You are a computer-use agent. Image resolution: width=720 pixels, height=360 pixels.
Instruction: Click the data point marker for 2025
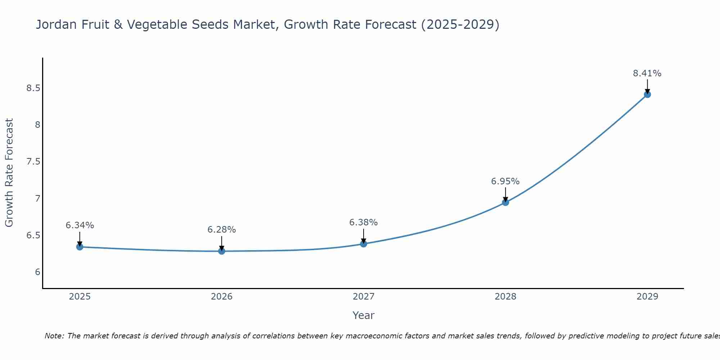[80, 247]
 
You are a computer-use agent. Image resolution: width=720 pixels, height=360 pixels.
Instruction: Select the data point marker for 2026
[222, 251]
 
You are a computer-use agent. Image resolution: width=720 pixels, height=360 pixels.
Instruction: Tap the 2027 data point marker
[364, 244]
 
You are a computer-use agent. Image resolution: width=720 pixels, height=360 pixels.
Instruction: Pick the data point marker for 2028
[505, 202]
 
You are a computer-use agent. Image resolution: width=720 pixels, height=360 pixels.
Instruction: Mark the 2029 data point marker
[647, 94]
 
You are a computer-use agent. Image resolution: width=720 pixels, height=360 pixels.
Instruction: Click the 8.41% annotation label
[647, 73]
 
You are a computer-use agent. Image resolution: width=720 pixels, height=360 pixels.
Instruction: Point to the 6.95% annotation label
[505, 181]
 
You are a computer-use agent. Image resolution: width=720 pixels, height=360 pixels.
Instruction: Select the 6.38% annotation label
[363, 222]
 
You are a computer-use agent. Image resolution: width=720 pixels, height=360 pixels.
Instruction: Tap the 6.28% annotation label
[221, 230]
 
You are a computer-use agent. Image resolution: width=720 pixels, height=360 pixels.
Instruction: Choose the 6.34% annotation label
[80, 225]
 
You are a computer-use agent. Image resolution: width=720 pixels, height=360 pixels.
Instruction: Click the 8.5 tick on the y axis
[33, 88]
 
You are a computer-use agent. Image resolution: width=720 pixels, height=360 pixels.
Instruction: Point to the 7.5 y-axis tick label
[33, 162]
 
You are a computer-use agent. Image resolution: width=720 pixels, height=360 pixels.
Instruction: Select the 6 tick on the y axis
[37, 272]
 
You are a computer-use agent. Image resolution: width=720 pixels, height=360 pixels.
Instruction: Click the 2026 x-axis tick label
[222, 297]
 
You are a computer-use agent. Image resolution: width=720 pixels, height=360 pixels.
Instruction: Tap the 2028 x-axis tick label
[505, 297]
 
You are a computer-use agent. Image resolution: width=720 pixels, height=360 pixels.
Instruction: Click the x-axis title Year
[363, 315]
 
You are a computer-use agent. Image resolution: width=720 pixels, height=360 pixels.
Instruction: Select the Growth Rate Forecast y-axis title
[9, 172]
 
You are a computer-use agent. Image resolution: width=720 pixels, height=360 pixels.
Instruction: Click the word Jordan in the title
[57, 25]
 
